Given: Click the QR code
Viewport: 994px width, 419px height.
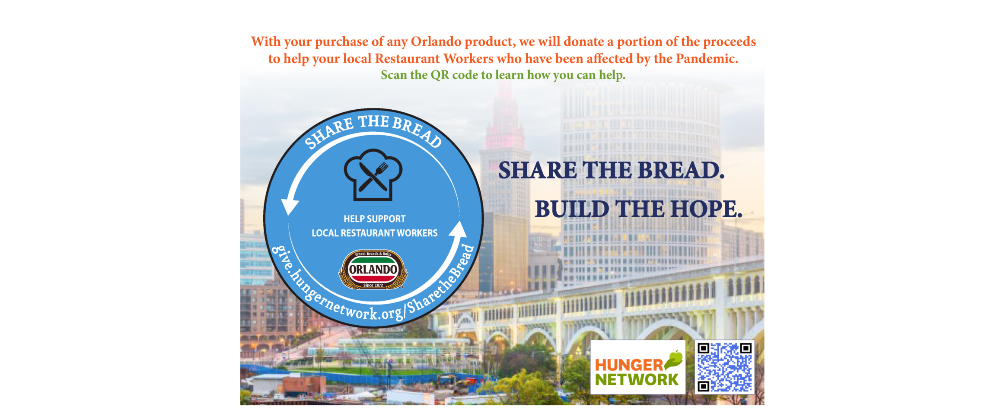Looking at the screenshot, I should (724, 367).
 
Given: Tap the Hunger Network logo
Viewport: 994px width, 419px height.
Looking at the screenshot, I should (638, 367).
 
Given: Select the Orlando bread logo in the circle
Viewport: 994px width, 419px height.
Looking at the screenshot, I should (373, 270).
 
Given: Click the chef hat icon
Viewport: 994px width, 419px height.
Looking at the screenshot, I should (373, 175).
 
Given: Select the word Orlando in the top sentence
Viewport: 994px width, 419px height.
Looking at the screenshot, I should (436, 42).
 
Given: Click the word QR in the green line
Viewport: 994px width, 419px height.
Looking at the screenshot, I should (440, 75).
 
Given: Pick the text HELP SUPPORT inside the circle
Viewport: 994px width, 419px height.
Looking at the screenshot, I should (375, 219).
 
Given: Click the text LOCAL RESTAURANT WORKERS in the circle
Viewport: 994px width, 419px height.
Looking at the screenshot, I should (375, 233).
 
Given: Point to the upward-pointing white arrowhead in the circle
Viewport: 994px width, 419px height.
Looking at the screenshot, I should (459, 229).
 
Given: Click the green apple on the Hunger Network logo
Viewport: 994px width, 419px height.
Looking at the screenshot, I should (675, 359).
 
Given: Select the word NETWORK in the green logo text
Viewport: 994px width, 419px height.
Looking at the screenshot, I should (637, 380).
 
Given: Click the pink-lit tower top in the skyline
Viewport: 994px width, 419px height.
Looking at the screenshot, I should (505, 130).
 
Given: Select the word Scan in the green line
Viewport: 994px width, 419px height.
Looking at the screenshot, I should (394, 75).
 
